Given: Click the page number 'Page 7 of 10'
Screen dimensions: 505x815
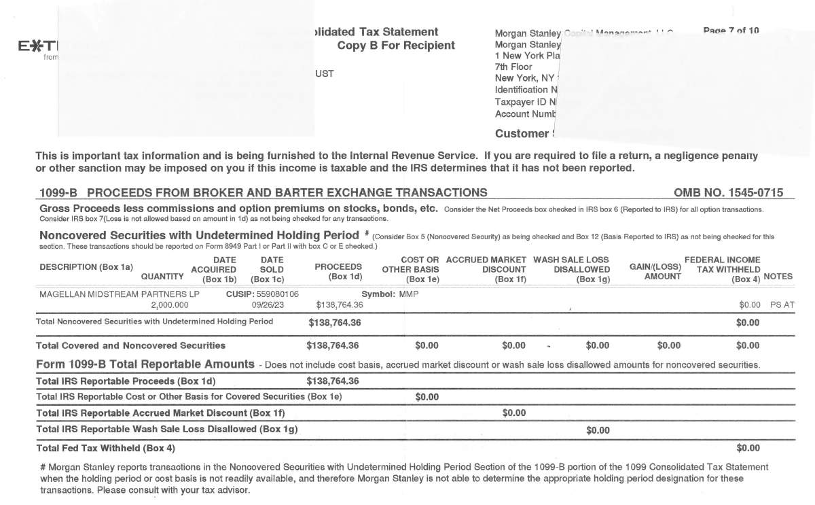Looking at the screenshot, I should (x=731, y=31).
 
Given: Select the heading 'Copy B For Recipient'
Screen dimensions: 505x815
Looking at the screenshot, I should (x=396, y=46).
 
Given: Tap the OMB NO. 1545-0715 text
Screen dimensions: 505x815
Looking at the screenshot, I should (x=728, y=193).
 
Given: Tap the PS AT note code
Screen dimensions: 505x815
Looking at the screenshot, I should (x=782, y=305).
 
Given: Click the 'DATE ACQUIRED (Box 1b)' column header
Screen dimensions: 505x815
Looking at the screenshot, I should (x=214, y=269).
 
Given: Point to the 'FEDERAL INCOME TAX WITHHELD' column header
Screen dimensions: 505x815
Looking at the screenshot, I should (x=722, y=269).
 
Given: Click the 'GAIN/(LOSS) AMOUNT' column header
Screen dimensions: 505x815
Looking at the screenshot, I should (x=655, y=271).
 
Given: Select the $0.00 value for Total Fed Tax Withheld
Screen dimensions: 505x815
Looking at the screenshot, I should (x=748, y=448).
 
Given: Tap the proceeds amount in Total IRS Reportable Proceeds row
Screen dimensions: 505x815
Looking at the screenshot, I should (x=333, y=381).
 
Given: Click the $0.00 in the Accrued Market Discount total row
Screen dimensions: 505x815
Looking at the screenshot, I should (x=513, y=413).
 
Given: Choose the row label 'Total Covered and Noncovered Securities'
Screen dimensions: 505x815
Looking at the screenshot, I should (x=130, y=346).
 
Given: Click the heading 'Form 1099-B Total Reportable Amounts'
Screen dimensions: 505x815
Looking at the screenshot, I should (x=145, y=364).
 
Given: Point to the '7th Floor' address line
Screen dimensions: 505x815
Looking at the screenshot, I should (x=514, y=67).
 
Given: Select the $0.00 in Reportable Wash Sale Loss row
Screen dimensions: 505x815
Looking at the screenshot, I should (x=598, y=430).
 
